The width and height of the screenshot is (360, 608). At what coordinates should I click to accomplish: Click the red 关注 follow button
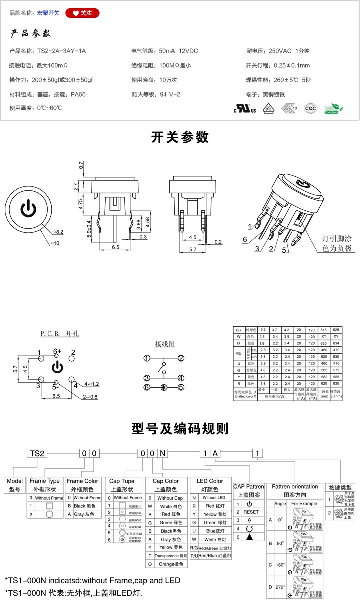82,13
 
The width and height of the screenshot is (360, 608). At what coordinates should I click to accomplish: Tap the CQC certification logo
311,108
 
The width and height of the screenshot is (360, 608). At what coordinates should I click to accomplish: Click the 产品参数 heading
31,34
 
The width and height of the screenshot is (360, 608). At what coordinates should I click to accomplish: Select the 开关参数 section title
180,137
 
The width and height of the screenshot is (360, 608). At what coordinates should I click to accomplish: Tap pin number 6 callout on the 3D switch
245,240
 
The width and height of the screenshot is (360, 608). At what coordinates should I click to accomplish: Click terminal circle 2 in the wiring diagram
182,358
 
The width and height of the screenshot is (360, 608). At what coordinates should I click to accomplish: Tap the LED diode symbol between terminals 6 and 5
163,387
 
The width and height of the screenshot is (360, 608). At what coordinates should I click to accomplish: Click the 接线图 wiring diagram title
164,344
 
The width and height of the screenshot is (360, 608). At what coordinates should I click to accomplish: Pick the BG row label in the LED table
238,330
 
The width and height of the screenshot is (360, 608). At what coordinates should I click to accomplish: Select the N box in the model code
163,453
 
